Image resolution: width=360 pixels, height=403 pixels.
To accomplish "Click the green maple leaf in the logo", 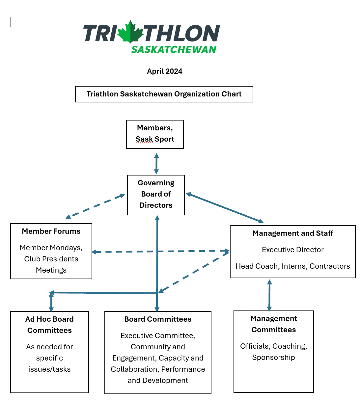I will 130,33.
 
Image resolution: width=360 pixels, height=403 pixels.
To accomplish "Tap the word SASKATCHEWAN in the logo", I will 174,50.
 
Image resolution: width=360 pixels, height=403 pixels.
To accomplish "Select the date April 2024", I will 164,71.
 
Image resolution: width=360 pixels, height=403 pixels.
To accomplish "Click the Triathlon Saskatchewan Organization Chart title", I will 164,94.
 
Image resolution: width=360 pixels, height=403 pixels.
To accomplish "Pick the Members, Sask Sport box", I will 155,134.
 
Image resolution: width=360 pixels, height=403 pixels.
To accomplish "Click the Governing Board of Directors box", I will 156,195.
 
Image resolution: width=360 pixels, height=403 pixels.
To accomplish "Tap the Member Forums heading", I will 51,231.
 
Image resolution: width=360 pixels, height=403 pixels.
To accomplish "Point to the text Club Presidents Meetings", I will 51,264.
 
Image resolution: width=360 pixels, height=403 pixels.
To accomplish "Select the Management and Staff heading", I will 292,233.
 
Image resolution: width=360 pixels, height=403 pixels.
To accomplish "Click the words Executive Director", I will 292,250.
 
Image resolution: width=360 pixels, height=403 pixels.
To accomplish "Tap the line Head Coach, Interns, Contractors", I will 292,266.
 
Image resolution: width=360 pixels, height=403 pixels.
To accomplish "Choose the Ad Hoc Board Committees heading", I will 49,325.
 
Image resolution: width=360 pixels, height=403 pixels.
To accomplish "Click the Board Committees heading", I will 158,319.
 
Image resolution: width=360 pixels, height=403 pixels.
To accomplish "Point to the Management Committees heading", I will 273,324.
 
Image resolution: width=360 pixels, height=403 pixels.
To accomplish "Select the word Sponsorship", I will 273,358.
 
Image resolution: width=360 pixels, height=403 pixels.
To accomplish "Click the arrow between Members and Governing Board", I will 156,163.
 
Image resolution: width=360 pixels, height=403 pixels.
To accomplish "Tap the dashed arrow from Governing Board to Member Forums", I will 95,206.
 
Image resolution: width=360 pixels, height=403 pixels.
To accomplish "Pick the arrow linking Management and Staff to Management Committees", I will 269,295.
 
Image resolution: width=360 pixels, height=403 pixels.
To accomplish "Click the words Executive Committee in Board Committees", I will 157,336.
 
